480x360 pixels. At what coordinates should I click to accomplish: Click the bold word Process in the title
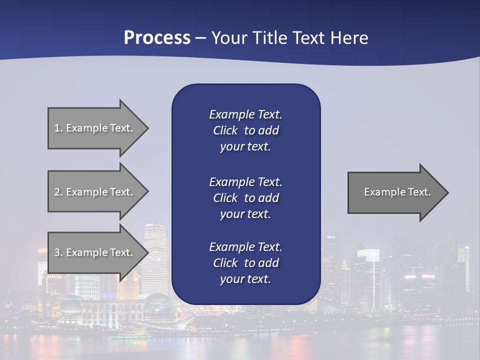(157, 38)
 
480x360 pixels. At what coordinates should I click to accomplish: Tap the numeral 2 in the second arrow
(57, 192)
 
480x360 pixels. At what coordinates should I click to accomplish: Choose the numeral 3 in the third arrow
(57, 252)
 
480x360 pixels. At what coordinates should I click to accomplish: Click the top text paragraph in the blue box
(245, 130)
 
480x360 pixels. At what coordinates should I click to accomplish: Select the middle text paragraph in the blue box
(245, 198)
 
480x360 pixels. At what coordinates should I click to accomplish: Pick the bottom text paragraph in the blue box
(245, 263)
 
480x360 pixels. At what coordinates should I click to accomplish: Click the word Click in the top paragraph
(225, 131)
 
